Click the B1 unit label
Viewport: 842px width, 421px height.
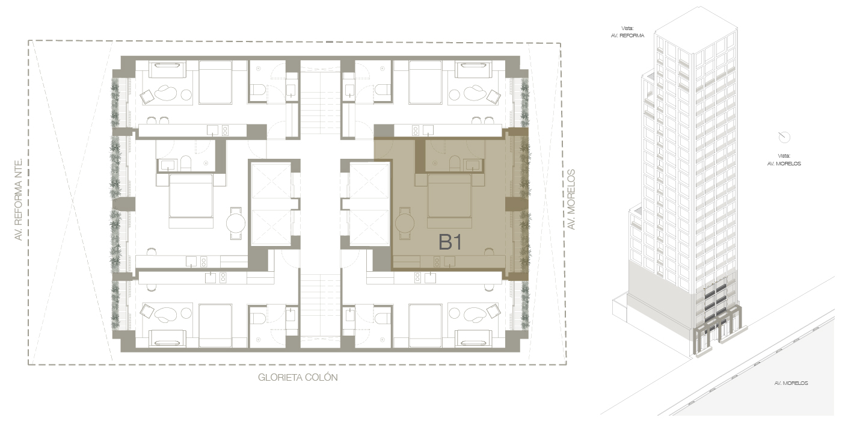click(x=450, y=242)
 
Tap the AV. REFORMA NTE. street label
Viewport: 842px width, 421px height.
click(x=18, y=199)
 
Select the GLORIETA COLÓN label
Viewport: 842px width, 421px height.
click(x=298, y=378)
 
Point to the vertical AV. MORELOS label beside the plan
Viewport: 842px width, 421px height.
click(x=571, y=199)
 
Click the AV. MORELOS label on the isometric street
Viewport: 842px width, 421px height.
click(x=791, y=383)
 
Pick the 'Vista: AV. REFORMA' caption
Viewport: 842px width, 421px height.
click(x=627, y=32)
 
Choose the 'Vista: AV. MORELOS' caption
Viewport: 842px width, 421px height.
click(x=784, y=160)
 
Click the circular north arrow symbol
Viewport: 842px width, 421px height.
click(x=784, y=137)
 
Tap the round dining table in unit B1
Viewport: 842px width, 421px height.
click(x=405, y=223)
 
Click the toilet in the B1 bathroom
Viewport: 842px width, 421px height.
click(x=455, y=164)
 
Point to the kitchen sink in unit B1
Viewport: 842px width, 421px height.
click(x=450, y=261)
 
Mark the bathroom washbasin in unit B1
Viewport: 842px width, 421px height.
click(x=473, y=165)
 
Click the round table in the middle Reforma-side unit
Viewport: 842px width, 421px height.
click(x=236, y=223)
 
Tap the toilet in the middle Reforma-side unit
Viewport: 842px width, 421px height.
click(x=186, y=164)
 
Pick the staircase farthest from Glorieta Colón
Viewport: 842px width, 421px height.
click(x=320, y=103)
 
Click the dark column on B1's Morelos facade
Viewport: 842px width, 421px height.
click(x=517, y=204)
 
